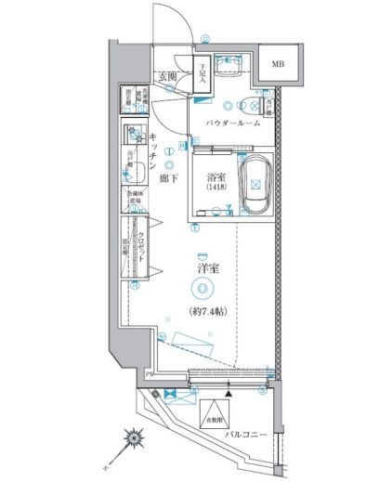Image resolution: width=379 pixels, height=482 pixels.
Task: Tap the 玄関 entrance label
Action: click(167, 77)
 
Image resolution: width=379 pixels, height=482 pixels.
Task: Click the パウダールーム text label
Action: click(230, 123)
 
